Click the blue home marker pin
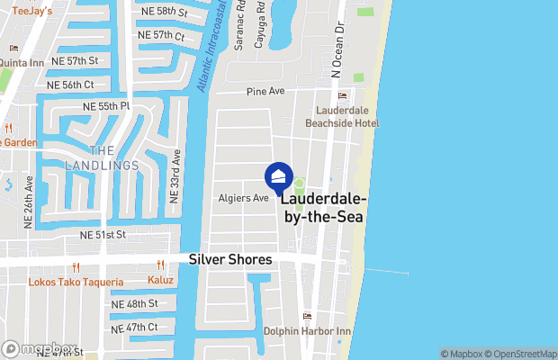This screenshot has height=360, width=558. [279, 175]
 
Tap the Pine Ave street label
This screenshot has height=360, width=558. [265, 92]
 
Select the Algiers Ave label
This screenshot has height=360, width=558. [243, 197]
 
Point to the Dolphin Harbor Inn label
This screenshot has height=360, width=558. [306, 330]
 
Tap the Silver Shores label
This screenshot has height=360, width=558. [230, 259]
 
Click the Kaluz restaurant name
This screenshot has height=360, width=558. [160, 280]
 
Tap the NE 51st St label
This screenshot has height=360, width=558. [103, 235]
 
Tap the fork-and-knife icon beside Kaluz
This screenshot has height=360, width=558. [160, 265]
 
